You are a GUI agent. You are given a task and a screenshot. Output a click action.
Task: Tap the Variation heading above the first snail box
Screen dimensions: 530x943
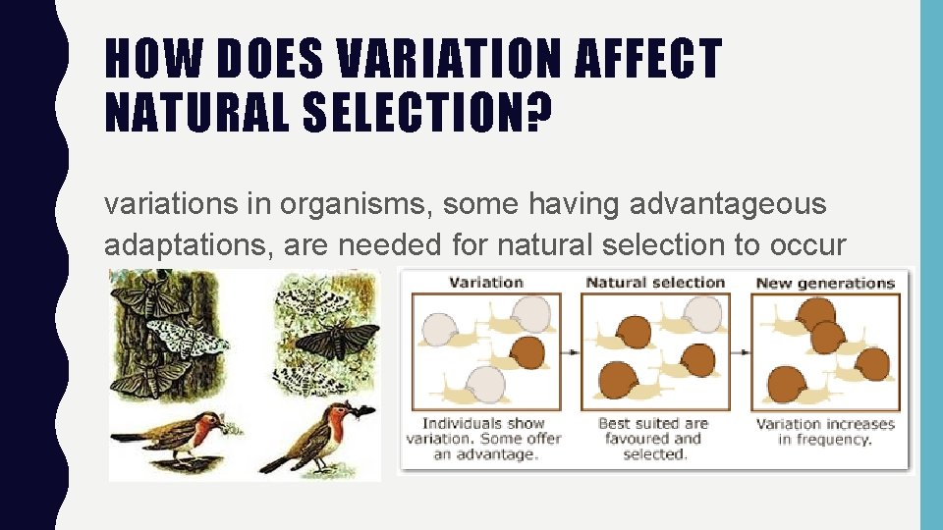tap(485, 283)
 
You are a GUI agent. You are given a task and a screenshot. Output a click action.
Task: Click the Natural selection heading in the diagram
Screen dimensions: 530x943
tap(655, 283)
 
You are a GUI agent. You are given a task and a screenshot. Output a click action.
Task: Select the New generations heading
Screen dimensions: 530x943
tap(825, 283)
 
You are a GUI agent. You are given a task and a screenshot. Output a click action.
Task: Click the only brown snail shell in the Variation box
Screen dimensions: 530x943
tap(527, 351)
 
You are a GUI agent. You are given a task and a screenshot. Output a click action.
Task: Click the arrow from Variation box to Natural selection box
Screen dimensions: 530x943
tap(571, 350)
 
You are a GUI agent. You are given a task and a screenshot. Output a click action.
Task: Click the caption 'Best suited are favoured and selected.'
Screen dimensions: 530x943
tap(652, 438)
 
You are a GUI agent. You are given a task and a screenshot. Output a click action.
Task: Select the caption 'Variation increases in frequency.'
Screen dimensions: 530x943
tap(825, 432)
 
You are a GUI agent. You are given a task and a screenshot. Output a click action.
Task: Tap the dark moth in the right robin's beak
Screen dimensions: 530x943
tap(362, 411)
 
